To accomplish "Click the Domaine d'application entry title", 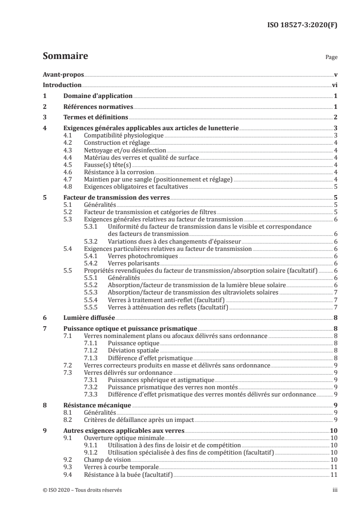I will [97, 96].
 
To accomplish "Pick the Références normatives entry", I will [98, 107].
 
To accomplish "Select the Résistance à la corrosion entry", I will [119, 172].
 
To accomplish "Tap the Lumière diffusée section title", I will [89, 318].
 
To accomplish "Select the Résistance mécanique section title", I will [97, 405].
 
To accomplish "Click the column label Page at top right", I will [331, 58].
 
